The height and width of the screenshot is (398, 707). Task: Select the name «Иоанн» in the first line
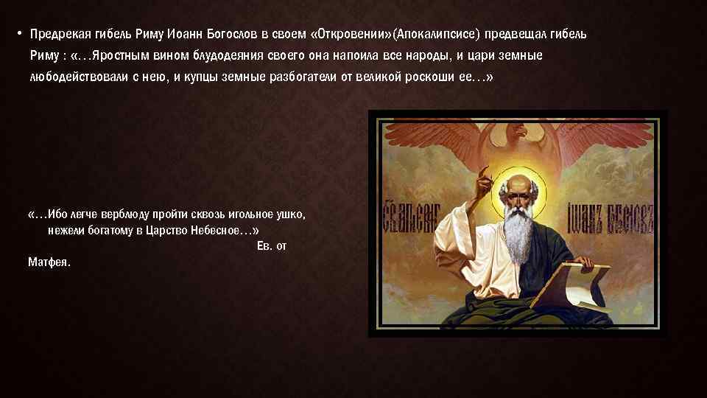(184, 35)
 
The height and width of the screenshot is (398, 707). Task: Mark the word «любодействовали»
(73, 77)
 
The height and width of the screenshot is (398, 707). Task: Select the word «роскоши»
(429, 77)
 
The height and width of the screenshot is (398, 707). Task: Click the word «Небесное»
(215, 231)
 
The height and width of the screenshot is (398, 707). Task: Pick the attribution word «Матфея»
(49, 262)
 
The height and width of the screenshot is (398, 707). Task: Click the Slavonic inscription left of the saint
(409, 217)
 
